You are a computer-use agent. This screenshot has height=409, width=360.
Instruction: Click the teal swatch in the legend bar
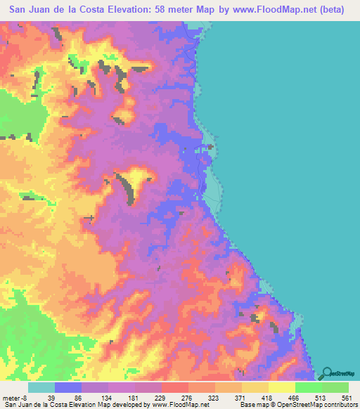pyautogui.click(x=41, y=387)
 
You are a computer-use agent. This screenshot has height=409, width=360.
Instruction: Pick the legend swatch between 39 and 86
pyautogui.click(x=68, y=387)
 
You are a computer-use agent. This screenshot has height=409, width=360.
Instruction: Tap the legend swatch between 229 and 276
pyautogui.click(x=176, y=387)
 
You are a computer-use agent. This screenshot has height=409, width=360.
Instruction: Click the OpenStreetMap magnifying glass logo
pyautogui.click(x=327, y=372)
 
